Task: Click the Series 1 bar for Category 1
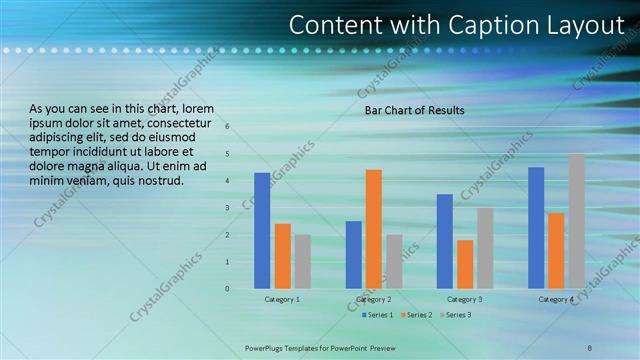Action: coord(262,230)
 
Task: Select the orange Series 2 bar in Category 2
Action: coord(373,229)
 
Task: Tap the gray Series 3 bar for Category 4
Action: coord(576,221)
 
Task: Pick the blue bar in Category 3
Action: coord(444,241)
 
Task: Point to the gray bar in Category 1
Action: coord(302,261)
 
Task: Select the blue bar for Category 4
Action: coord(536,227)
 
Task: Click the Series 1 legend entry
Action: coord(376,315)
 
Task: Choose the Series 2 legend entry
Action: coord(415,315)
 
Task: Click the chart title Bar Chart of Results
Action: coord(414,110)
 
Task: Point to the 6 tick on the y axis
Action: coord(228,127)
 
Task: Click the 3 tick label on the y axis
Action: coord(228,208)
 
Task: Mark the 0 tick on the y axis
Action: coord(228,289)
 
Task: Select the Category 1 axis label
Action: coord(282,300)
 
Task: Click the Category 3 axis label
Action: coord(464,300)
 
